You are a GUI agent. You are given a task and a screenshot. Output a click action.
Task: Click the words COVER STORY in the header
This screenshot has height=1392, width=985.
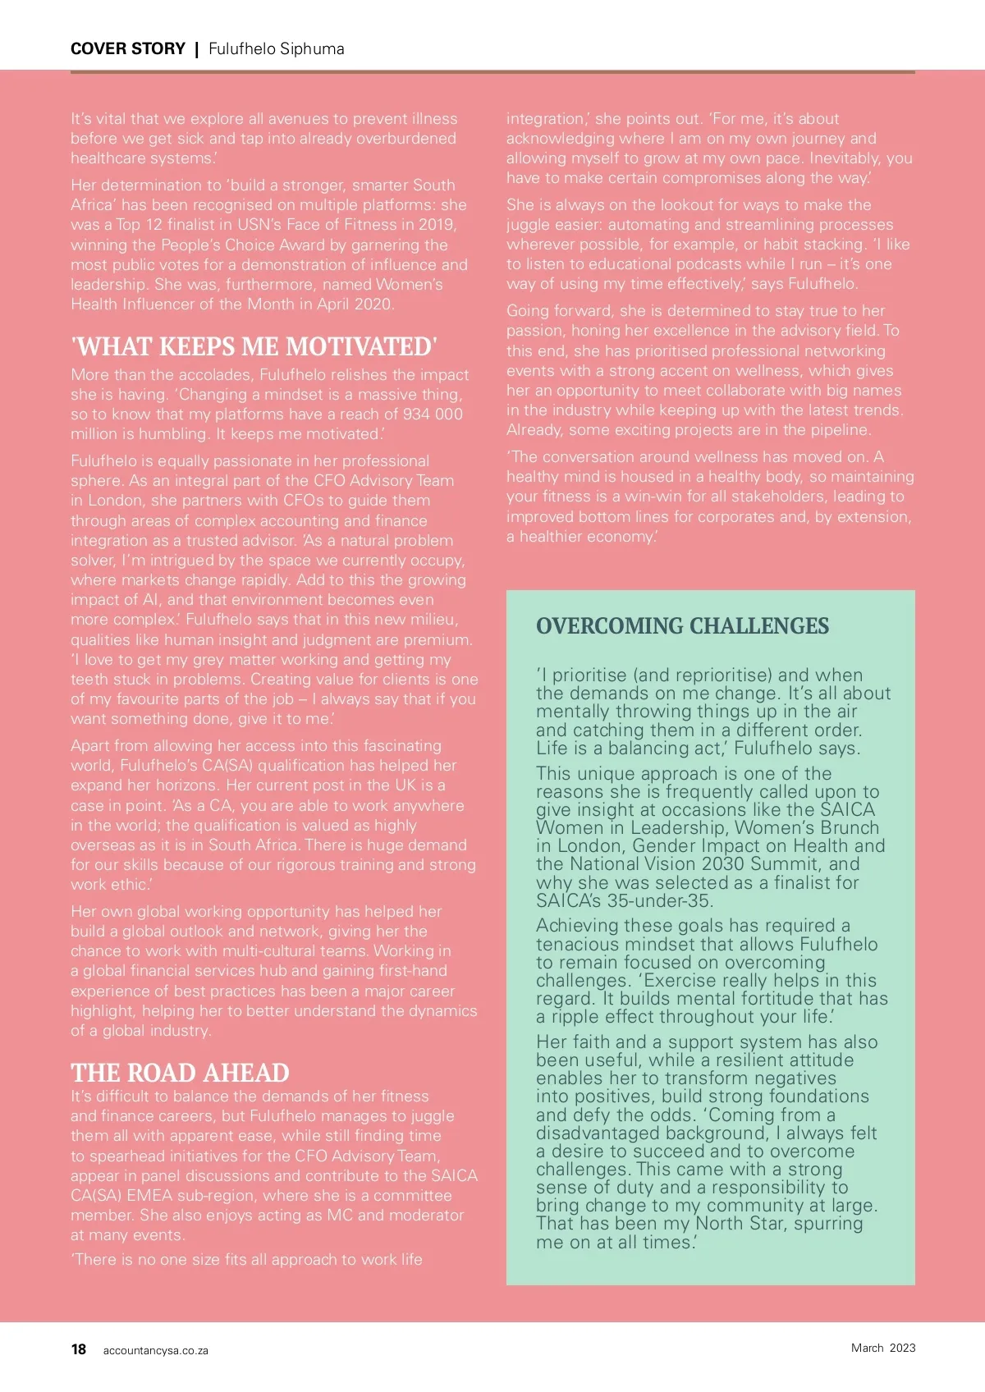(128, 48)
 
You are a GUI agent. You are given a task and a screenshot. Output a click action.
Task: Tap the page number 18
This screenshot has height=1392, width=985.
(79, 1349)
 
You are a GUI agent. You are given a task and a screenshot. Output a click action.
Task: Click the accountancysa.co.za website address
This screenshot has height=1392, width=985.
(156, 1350)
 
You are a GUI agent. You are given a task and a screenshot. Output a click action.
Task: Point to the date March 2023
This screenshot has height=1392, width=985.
(883, 1348)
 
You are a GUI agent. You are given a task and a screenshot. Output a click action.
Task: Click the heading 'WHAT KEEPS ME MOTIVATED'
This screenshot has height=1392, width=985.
(254, 346)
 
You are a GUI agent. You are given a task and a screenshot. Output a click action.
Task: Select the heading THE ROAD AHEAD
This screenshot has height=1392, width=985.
(180, 1073)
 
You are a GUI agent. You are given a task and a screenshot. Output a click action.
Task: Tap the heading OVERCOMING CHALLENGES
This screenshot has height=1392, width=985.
(682, 626)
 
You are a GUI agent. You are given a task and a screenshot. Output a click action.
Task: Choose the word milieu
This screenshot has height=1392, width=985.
(432, 620)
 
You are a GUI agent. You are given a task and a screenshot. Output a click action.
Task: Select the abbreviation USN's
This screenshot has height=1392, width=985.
(253, 225)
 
